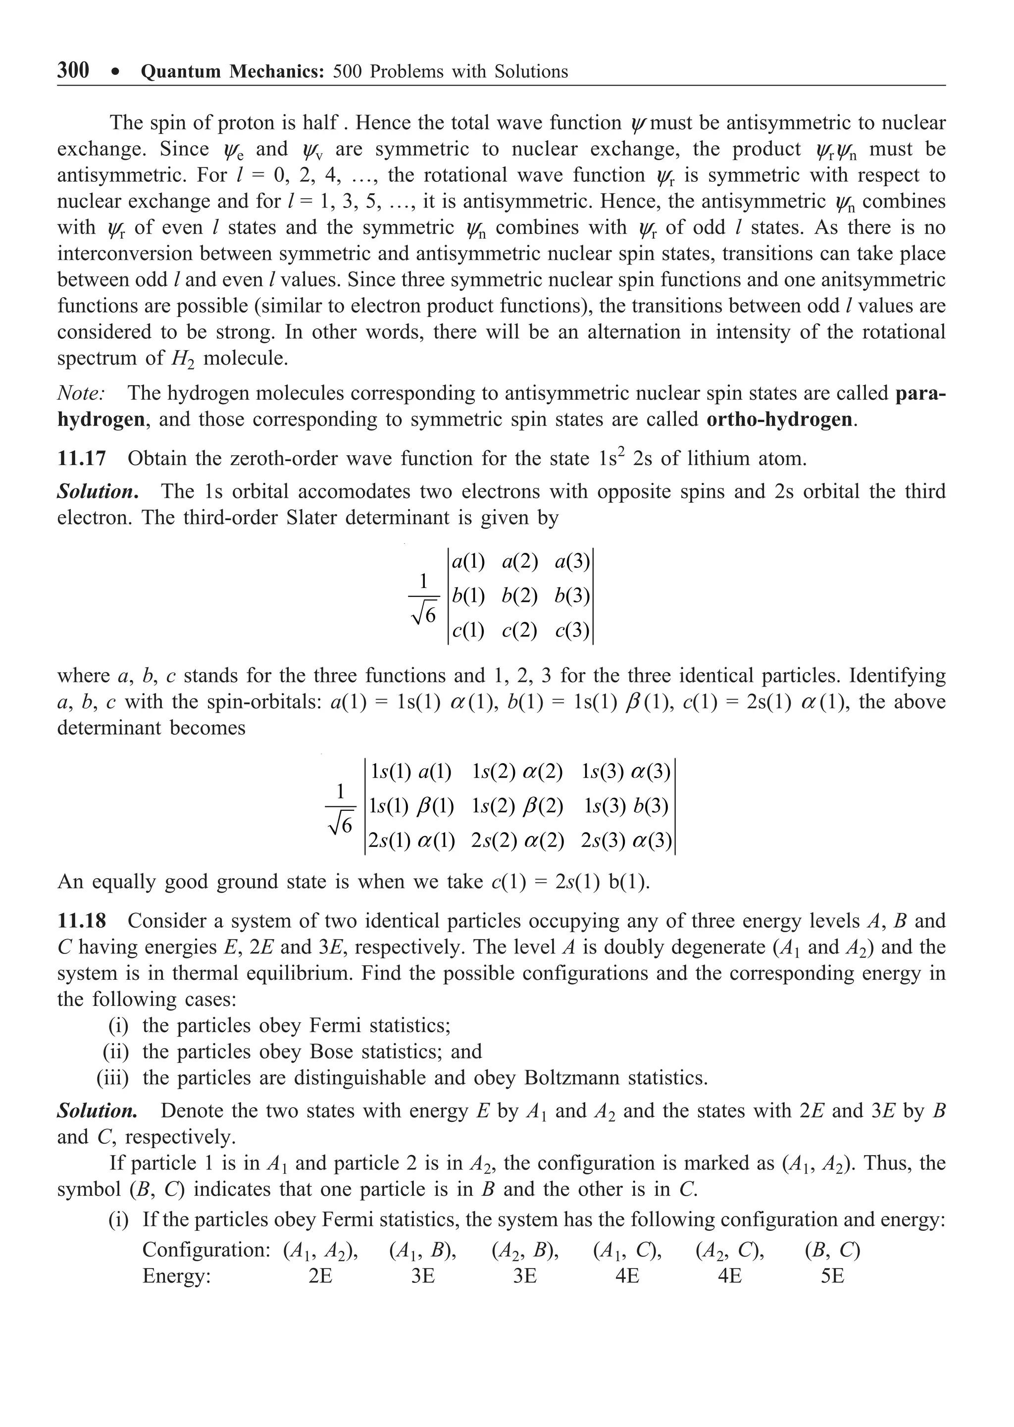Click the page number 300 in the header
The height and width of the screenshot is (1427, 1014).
(x=73, y=70)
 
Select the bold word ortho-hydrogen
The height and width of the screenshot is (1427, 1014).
(x=779, y=419)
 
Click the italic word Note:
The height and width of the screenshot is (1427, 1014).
(x=81, y=393)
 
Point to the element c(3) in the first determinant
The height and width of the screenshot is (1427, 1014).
(x=572, y=631)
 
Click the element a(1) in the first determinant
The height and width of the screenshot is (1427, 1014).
(x=468, y=562)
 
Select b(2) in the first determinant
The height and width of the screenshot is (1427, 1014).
(x=519, y=596)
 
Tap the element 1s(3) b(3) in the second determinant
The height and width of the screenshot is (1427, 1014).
(x=626, y=806)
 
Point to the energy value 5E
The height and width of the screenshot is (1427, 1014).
(x=832, y=1276)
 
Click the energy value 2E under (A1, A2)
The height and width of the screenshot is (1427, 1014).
(x=320, y=1276)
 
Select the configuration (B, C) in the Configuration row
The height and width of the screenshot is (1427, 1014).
(x=832, y=1250)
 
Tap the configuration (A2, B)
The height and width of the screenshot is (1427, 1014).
(x=525, y=1250)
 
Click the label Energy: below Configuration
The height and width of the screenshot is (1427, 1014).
(x=177, y=1276)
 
